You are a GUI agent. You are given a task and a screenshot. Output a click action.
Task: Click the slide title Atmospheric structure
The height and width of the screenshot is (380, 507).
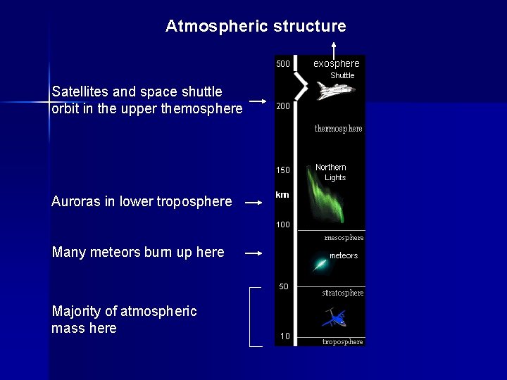tap(256, 27)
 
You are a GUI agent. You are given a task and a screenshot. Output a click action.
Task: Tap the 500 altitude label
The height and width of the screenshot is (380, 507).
tap(282, 64)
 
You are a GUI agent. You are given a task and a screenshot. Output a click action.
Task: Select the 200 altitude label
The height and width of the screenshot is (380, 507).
tap(282, 106)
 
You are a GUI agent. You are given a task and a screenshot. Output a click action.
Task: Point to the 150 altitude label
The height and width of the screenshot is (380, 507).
tap(282, 170)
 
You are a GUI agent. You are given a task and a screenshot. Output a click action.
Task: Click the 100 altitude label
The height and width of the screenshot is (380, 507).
tap(282, 225)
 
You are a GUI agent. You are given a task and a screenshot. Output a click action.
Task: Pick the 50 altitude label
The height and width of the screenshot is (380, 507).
tap(284, 287)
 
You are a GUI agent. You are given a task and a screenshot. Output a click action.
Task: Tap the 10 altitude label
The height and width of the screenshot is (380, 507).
tap(284, 336)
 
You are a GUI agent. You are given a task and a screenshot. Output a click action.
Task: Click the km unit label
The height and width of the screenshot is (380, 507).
tap(282, 195)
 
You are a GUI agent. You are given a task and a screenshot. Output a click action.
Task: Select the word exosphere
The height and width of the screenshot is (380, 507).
tap(336, 63)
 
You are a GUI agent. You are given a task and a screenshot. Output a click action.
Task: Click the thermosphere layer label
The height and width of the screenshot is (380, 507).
tap(338, 129)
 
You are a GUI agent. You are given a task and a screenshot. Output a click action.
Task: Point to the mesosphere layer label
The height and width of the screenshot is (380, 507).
tap(344, 238)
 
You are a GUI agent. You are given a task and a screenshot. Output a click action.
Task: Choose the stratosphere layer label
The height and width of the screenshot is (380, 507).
tap(343, 293)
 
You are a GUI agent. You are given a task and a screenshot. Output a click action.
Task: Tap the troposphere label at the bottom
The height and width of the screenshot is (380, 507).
tap(343, 342)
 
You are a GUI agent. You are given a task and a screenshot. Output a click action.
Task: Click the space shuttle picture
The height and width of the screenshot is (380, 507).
tap(335, 90)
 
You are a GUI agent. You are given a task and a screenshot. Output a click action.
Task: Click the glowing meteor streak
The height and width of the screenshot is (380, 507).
tap(320, 265)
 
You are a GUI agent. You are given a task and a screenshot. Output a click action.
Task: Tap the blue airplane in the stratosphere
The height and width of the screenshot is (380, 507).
tap(334, 319)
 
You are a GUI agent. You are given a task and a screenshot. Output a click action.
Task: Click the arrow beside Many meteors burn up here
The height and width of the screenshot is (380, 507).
tap(253, 253)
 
